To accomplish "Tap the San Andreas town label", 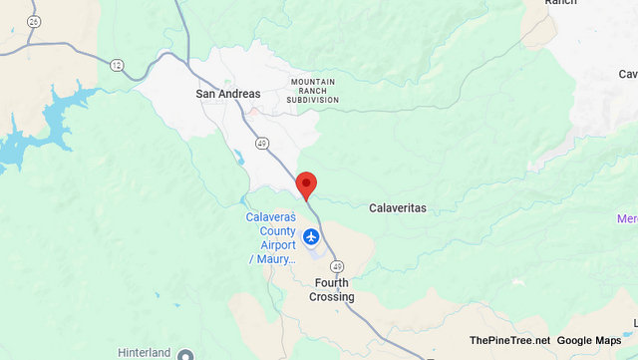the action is (227, 94).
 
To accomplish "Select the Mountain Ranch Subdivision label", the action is (314, 91).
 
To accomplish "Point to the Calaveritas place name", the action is (398, 207).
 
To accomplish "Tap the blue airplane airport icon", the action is (312, 237).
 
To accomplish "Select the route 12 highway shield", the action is (117, 65).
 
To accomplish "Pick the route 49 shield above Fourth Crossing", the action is (338, 266).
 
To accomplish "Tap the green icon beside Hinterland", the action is (183, 354).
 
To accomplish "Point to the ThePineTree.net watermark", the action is (509, 341).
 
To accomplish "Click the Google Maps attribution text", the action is (589, 341).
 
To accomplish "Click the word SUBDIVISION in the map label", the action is (314, 100).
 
